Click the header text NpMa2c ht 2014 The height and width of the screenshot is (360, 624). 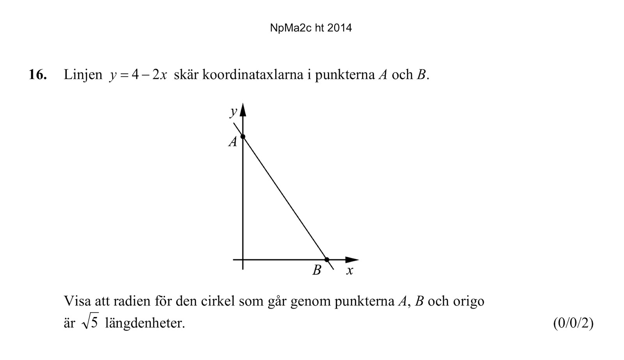[x=311, y=28]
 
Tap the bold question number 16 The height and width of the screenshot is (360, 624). [x=37, y=74]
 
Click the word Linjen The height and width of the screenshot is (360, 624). [x=83, y=74]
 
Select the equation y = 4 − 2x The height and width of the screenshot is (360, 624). [x=138, y=74]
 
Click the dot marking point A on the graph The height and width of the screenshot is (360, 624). [x=243, y=137]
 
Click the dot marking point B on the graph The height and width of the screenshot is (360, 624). [x=327, y=259]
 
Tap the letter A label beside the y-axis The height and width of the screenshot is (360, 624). [x=233, y=142]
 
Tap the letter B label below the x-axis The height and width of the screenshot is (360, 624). [x=317, y=270]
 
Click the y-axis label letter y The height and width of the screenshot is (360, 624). [x=233, y=112]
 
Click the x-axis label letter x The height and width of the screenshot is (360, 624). [x=349, y=270]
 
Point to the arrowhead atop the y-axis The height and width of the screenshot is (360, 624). [x=243, y=110]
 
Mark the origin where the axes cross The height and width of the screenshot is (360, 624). [x=243, y=259]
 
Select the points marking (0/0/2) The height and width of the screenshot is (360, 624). [x=573, y=323]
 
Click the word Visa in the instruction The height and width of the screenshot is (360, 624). [x=77, y=301]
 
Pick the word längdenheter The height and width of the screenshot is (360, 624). [x=145, y=323]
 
